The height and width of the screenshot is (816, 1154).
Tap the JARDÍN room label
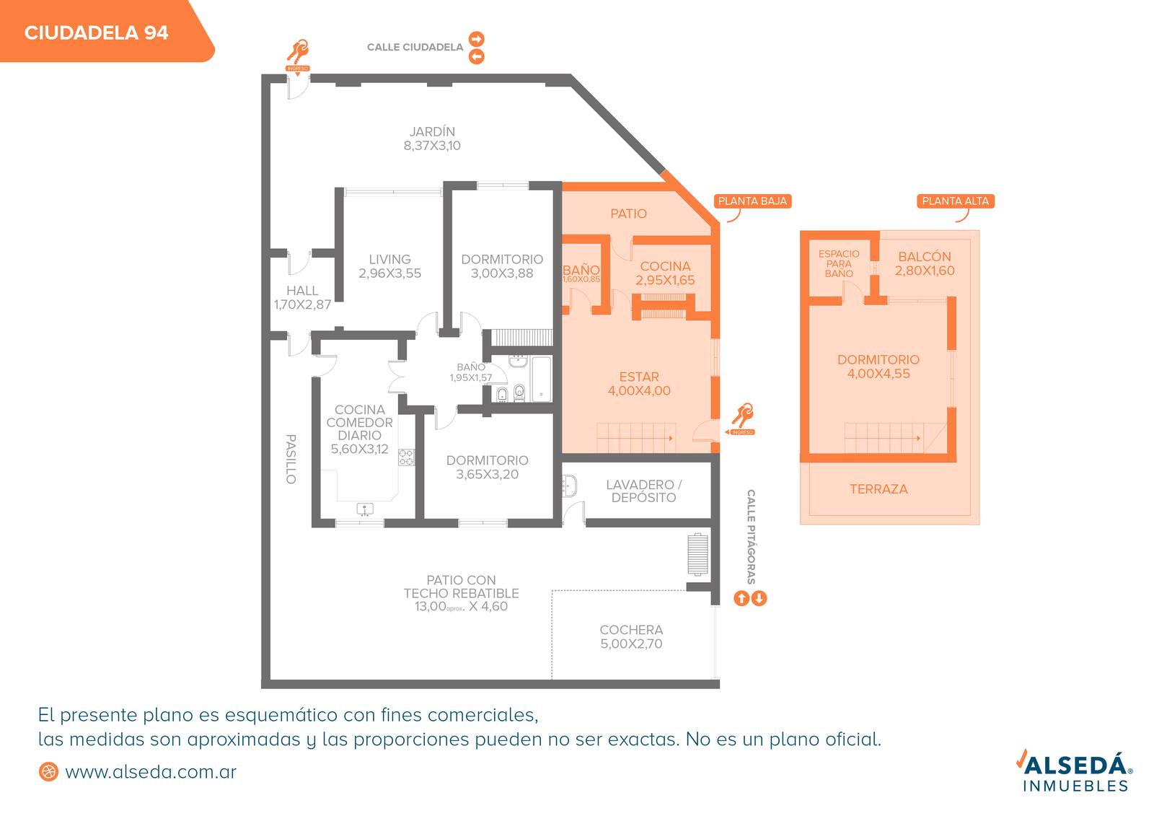tap(432, 131)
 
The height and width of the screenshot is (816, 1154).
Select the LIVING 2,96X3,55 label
tap(390, 266)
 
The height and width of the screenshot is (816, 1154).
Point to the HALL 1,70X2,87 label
tap(302, 297)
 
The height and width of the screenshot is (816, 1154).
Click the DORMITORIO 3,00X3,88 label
tap(502, 266)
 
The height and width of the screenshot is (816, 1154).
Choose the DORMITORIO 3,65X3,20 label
tap(488, 467)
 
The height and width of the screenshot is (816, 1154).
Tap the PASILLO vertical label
tap(291, 459)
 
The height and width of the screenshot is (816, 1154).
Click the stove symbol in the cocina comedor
tap(406, 457)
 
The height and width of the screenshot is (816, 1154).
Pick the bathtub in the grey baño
tap(541, 379)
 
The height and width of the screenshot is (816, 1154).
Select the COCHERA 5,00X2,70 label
tap(631, 636)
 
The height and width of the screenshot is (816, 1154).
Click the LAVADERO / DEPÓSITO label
tap(644, 491)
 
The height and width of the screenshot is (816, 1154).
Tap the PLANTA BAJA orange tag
tap(752, 201)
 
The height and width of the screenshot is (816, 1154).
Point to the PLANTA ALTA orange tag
tap(956, 201)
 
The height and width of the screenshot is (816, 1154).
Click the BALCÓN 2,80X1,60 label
tap(925, 263)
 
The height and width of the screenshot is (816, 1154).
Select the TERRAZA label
tap(879, 489)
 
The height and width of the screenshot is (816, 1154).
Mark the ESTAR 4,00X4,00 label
tap(639, 384)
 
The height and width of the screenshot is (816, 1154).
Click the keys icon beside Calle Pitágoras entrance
tap(742, 416)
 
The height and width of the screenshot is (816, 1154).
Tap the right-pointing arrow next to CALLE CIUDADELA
tap(477, 39)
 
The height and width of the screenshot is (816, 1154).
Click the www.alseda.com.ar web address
tap(151, 772)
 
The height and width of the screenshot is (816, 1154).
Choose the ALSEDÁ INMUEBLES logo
tap(1075, 770)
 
